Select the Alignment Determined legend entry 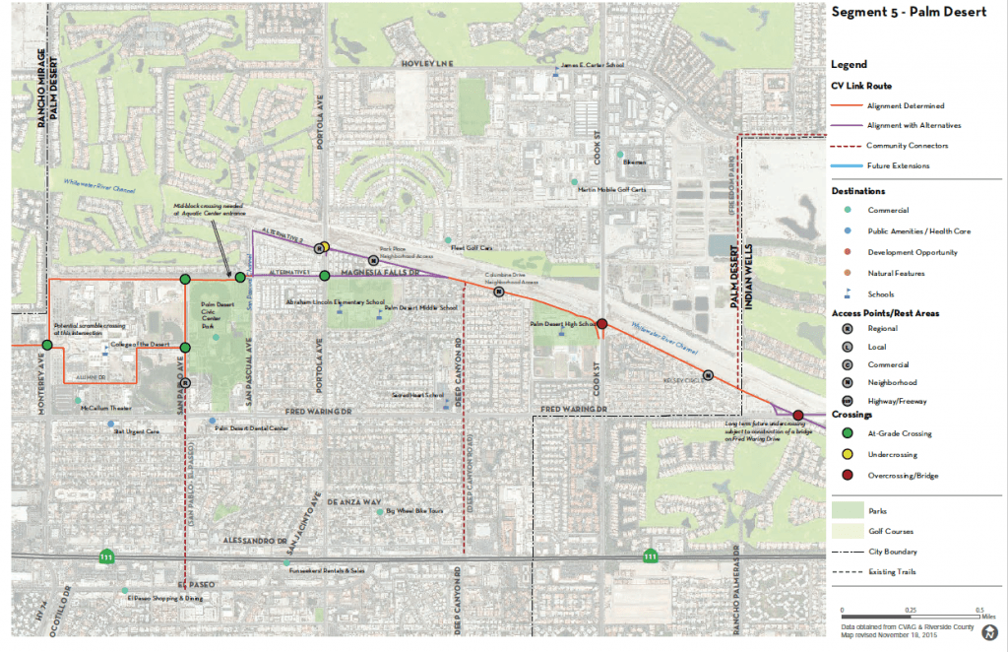pyautogui.click(x=907, y=105)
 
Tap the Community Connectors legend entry pyautogui.click(x=907, y=146)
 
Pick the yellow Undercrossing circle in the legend pyautogui.click(x=846, y=455)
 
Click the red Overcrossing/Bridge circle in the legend pyautogui.click(x=846, y=476)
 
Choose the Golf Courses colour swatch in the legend pyautogui.click(x=847, y=532)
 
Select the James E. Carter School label pyautogui.click(x=593, y=67)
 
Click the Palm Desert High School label pyautogui.click(x=563, y=323)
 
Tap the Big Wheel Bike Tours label pyautogui.click(x=416, y=511)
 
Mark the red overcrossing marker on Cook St pyautogui.click(x=601, y=324)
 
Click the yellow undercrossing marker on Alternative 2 pyautogui.click(x=325, y=246)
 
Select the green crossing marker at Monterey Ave pyautogui.click(x=46, y=345)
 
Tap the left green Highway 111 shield pyautogui.click(x=105, y=557)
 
